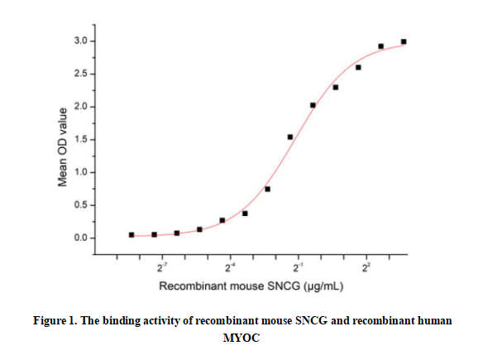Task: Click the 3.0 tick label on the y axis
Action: pyautogui.click(x=79, y=41)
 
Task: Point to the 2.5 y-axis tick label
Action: pyautogui.click(x=79, y=74)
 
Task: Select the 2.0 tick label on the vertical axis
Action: pyautogui.click(x=79, y=107)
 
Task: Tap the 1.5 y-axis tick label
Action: pyautogui.click(x=79, y=140)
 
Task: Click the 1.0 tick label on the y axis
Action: pyautogui.click(x=79, y=172)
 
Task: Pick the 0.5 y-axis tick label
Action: pyautogui.click(x=79, y=205)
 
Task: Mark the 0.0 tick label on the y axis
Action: pyautogui.click(x=79, y=238)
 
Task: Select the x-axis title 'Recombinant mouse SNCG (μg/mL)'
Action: pyautogui.click(x=251, y=286)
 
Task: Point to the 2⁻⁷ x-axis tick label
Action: pyautogui.click(x=163, y=266)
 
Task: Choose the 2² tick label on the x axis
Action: pyautogui.click(x=366, y=266)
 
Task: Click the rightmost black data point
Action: pyautogui.click(x=404, y=41)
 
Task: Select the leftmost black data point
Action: pyautogui.click(x=131, y=235)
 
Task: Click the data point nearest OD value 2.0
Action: pyautogui.click(x=313, y=105)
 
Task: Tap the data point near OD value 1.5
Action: pyautogui.click(x=290, y=137)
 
